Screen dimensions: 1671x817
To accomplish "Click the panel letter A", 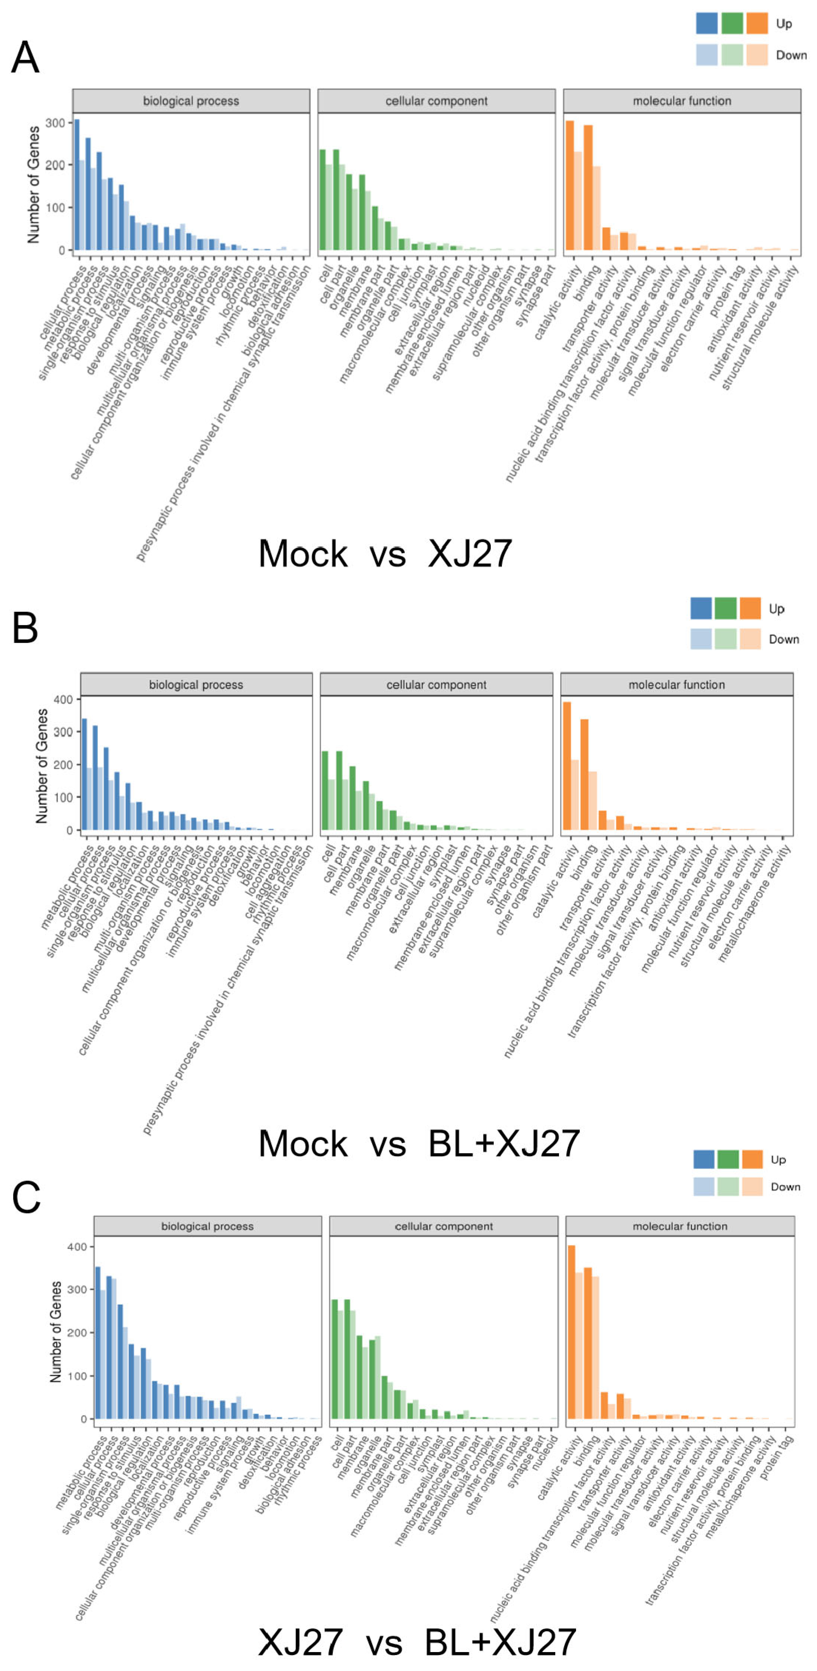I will (25, 57).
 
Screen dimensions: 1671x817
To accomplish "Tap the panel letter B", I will (25, 628).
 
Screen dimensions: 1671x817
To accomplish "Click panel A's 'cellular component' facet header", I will (436, 101).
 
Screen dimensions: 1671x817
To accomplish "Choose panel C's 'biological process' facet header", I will (208, 1226).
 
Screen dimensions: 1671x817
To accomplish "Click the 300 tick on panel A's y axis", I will (55, 123).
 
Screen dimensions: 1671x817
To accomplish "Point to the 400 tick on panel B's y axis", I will (63, 699).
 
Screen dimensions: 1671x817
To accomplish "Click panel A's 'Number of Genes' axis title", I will (34, 185).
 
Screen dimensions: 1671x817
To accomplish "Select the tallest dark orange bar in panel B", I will (567, 765).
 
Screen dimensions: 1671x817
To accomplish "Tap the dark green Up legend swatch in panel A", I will (731, 23).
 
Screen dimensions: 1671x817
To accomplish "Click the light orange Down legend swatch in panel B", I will (750, 639).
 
